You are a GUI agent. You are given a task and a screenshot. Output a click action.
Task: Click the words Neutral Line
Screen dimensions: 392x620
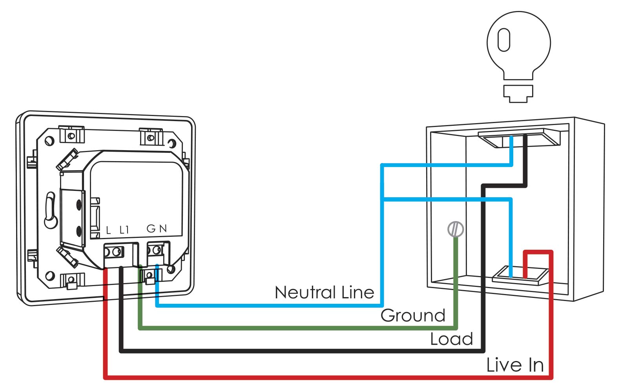click(324, 292)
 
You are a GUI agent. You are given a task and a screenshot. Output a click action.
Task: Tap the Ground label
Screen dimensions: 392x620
click(413, 316)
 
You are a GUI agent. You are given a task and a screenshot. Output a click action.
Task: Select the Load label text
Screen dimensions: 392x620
click(451, 339)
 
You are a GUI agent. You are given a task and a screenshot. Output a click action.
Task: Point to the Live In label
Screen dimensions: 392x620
click(515, 365)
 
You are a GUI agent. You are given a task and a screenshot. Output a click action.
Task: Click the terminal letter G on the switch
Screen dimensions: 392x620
click(151, 229)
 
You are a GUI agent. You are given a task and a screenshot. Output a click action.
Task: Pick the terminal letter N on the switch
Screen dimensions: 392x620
click(163, 229)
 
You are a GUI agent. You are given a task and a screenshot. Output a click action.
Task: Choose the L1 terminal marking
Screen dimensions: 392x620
click(124, 230)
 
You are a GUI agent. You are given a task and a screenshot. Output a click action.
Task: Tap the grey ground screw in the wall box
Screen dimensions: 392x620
click(456, 229)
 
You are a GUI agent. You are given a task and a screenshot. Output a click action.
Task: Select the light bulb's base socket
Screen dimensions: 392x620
click(518, 93)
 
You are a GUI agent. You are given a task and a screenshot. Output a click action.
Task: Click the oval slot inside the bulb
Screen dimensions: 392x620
click(504, 40)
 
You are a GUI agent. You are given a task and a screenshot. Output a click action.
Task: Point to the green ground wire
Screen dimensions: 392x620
click(298, 328)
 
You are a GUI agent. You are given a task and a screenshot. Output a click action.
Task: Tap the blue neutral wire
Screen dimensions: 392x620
click(267, 305)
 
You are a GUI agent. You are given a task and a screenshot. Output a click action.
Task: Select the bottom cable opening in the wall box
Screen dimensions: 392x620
click(520, 274)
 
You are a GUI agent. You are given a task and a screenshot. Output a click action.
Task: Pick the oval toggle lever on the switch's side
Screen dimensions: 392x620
click(50, 210)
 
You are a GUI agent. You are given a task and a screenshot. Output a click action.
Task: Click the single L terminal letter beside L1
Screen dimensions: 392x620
click(108, 230)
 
